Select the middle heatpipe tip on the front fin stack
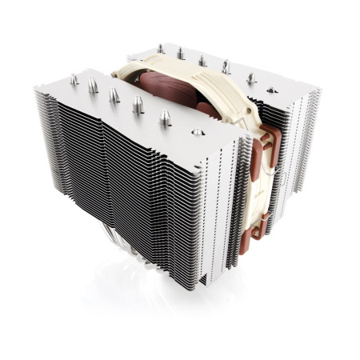[x=114, y=95]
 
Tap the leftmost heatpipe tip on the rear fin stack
[x=160, y=50]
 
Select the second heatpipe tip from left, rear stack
[x=180, y=54]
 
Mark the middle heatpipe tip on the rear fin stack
[x=202, y=60]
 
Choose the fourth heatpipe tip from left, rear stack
[x=226, y=67]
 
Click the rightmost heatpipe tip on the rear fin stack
[x=251, y=78]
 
